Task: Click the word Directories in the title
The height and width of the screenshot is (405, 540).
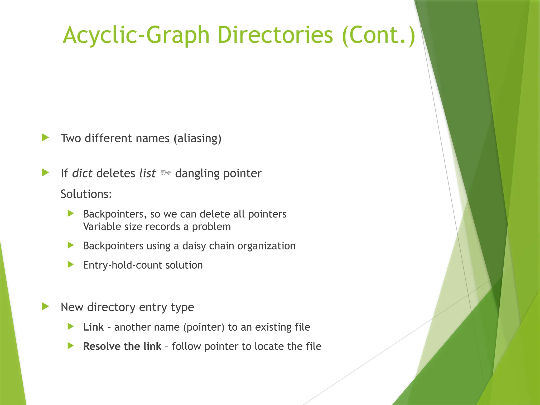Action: pos(275,35)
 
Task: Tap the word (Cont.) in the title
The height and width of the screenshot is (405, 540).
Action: pos(378,35)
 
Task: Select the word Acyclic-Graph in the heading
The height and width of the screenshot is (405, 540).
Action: pos(136,35)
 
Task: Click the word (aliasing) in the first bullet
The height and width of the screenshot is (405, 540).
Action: pos(197,138)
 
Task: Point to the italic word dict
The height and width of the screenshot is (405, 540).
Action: pos(82,173)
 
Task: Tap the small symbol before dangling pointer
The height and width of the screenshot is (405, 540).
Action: pos(166,173)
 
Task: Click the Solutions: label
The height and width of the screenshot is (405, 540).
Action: pos(86,194)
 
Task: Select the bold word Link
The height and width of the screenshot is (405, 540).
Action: pos(93,327)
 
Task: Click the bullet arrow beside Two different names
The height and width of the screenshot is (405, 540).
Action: pos(46,137)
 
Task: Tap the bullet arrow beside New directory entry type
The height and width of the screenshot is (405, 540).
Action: pos(46,306)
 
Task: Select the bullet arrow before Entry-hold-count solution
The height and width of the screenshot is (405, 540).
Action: pos(71,264)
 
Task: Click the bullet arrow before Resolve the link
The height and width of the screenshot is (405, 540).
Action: pos(71,346)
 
